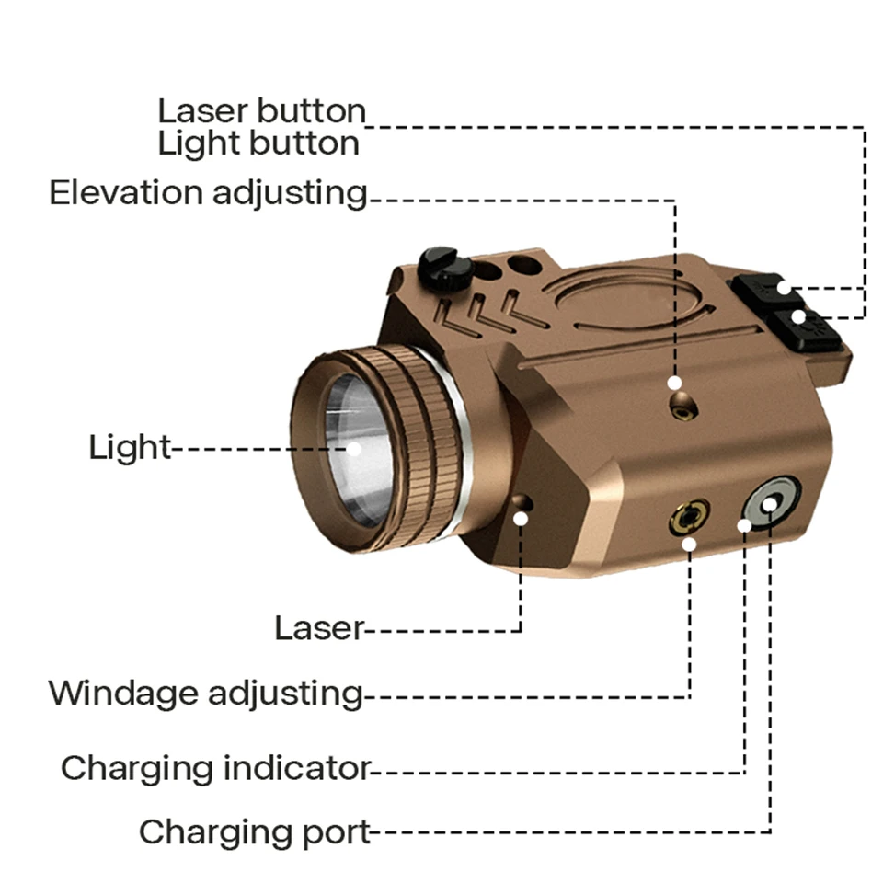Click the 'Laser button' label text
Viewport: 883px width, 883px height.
[261, 111]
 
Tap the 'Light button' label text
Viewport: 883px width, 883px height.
[258, 144]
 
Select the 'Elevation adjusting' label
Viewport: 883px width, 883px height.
[208, 193]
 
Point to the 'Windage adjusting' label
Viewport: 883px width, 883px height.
[206, 693]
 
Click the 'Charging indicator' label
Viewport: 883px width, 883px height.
[215, 767]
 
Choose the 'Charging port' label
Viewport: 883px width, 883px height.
[255, 832]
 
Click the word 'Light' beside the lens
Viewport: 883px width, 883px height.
[130, 448]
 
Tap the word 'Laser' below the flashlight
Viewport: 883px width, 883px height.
[319, 628]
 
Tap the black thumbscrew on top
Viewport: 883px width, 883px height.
[444, 266]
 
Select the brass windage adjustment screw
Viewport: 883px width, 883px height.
[687, 518]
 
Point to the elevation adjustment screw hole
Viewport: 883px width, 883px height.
[682, 404]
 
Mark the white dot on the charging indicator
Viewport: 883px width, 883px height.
[744, 524]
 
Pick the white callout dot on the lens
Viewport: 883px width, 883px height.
[353, 449]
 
